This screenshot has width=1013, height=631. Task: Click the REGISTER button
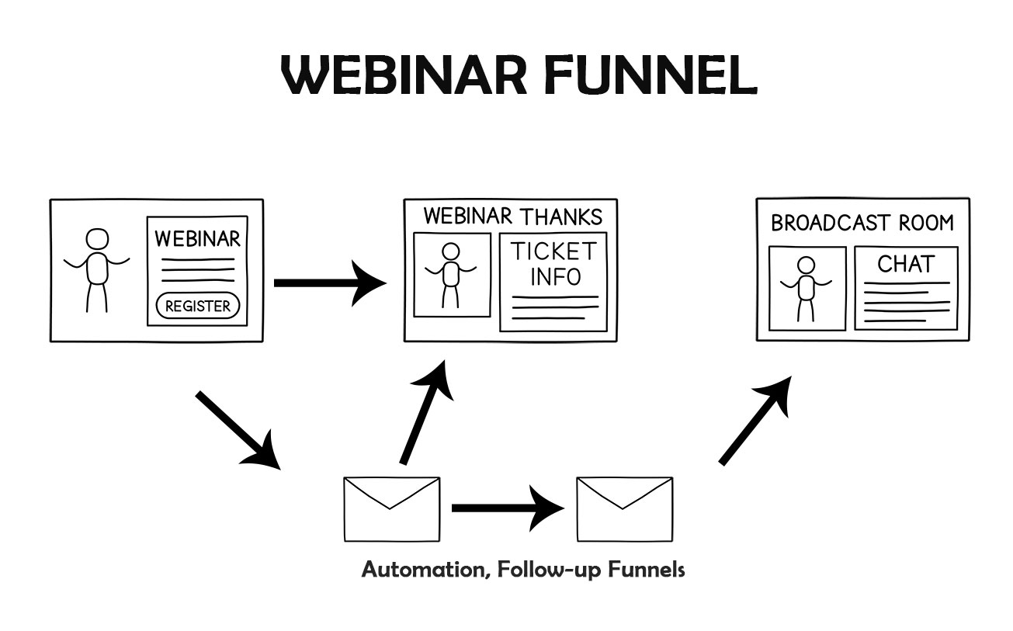click(x=198, y=306)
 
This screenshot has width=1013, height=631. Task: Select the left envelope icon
click(x=391, y=509)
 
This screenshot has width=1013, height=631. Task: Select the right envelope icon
click(x=624, y=509)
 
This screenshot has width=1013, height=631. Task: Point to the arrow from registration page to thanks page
click(x=329, y=283)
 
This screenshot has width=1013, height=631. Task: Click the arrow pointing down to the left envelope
click(x=237, y=429)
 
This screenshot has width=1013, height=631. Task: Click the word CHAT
click(x=905, y=264)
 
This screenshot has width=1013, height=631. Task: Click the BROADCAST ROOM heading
click(x=862, y=224)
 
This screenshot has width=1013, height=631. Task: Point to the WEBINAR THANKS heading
click(x=512, y=217)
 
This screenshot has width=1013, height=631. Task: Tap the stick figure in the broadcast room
click(x=807, y=287)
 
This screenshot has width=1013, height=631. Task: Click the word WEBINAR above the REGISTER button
click(x=197, y=238)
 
